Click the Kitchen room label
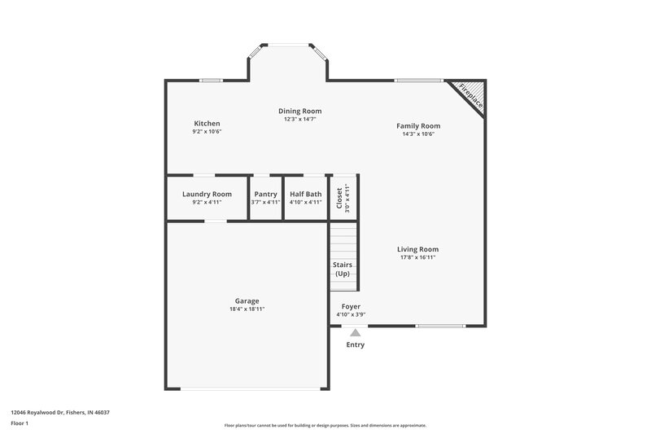(x=207, y=124)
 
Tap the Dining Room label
(x=299, y=111)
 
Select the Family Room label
(x=418, y=126)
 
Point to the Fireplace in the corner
(x=470, y=95)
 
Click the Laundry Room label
(x=207, y=195)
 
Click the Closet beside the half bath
(x=343, y=198)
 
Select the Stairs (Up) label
(x=343, y=269)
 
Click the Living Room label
(x=418, y=249)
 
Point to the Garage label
(x=247, y=300)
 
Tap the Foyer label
(x=351, y=307)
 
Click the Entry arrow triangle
(x=354, y=332)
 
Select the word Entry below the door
(x=356, y=344)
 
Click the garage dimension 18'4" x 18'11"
(x=247, y=309)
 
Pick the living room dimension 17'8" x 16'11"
(x=418, y=258)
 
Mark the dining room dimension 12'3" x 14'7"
(x=299, y=120)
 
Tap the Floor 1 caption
(x=20, y=423)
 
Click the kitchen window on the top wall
(x=211, y=80)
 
